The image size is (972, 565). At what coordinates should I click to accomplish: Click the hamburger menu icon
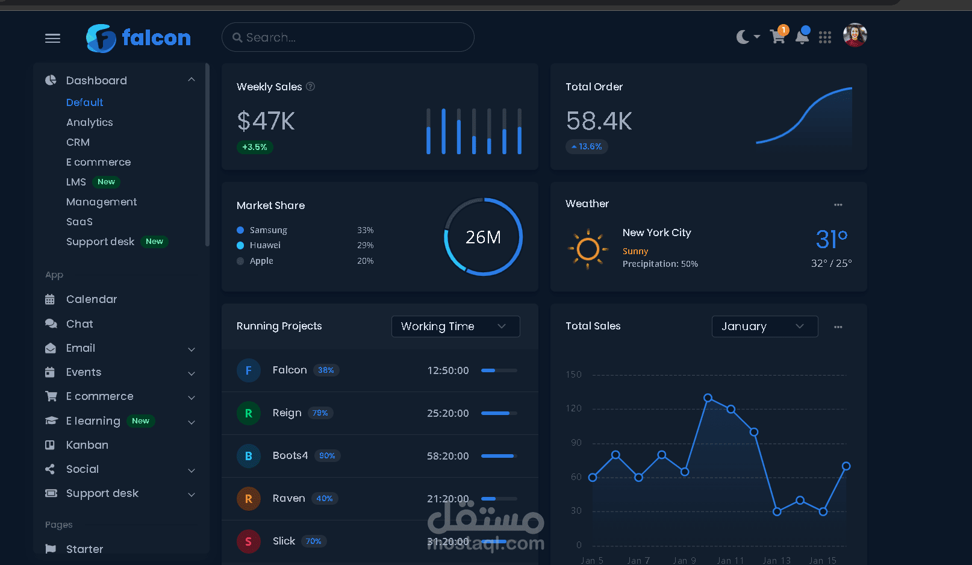click(53, 39)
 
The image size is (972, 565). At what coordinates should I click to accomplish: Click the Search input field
click(347, 37)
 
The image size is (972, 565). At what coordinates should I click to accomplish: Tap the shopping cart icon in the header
click(777, 37)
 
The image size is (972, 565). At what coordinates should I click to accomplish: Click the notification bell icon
click(802, 37)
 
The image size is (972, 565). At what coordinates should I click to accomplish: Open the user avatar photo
click(855, 35)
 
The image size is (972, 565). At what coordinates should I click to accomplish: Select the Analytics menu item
click(90, 122)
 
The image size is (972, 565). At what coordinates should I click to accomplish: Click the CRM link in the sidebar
click(78, 142)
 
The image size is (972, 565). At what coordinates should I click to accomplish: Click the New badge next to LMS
click(106, 182)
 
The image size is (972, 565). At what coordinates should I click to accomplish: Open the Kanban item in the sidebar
click(87, 445)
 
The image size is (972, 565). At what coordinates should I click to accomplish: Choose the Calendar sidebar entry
click(92, 299)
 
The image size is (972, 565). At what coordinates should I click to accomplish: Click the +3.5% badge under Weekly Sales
click(254, 147)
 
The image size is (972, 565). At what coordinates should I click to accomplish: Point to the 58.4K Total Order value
click(599, 121)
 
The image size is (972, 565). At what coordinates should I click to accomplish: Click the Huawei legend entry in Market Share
click(265, 245)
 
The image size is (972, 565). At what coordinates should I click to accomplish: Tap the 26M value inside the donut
click(483, 237)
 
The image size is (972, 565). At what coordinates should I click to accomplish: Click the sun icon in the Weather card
click(588, 248)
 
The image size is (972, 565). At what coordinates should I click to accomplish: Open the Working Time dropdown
click(455, 326)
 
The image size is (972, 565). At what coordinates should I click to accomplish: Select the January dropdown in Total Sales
click(764, 326)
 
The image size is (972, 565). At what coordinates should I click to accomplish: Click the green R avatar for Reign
click(248, 413)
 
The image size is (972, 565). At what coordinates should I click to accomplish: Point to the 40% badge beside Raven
click(325, 499)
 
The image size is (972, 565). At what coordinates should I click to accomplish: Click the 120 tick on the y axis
click(574, 408)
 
